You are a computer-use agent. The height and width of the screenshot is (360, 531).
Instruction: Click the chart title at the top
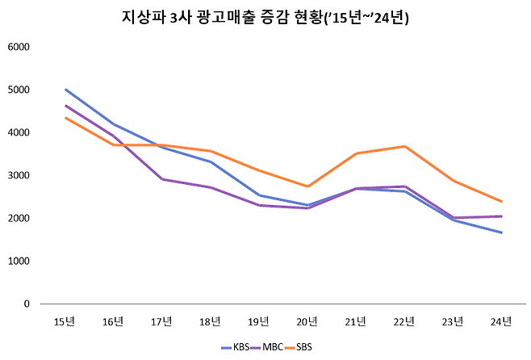265,17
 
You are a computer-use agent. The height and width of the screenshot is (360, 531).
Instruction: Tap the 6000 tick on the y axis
19,47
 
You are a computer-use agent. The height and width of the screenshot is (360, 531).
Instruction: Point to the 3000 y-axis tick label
19,175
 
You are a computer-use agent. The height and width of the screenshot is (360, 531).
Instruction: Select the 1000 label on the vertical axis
19,262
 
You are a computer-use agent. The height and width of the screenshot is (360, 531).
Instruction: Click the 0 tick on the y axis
27,304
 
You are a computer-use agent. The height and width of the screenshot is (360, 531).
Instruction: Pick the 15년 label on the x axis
65,322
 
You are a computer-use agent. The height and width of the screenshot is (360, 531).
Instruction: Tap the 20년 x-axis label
307,322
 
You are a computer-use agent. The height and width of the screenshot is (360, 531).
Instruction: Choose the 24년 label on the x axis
501,322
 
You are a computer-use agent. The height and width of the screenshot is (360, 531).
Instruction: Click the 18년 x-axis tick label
210,322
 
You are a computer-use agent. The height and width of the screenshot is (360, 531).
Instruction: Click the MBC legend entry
271,347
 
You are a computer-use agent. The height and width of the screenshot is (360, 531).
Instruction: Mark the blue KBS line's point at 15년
65,90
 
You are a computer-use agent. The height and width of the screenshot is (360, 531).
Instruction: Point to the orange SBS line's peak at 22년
404,146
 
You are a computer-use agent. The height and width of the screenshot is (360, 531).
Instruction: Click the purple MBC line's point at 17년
162,179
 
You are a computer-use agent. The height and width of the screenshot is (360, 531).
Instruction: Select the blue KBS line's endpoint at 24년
501,232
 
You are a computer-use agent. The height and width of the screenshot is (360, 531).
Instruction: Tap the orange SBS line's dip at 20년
307,186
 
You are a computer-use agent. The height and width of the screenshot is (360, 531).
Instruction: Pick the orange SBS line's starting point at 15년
65,118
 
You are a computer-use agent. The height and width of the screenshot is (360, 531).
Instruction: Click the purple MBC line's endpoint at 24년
501,216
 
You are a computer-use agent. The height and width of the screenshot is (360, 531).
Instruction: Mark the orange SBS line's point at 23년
453,181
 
